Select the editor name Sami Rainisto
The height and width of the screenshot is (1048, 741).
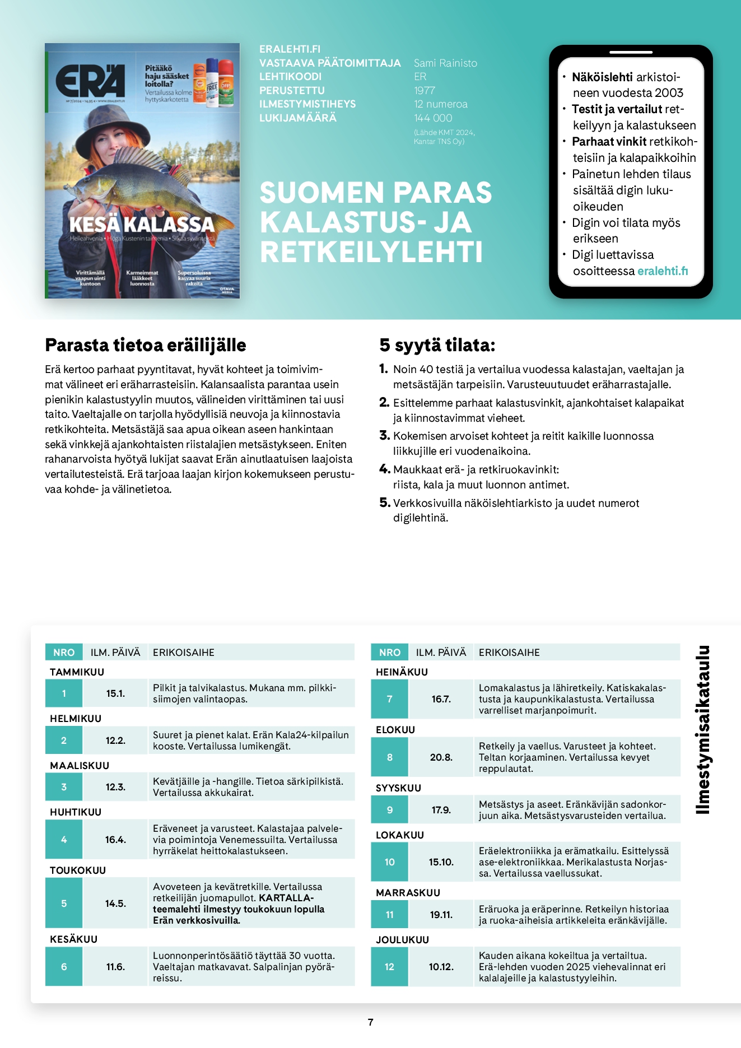tap(445, 63)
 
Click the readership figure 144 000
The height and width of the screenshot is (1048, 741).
tap(433, 118)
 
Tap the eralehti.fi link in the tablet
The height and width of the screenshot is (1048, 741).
tap(663, 271)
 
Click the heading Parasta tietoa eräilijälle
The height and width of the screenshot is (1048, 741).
tap(146, 345)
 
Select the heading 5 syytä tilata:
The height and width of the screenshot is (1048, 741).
tap(437, 345)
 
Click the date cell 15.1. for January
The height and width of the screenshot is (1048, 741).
tap(115, 693)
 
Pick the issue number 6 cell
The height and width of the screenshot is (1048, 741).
tap(64, 967)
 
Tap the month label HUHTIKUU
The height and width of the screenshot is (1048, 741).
tap(76, 812)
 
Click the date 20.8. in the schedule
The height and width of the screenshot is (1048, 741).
tap(441, 757)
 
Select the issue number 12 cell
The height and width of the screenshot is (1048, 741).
tap(389, 967)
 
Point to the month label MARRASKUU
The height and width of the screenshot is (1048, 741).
tap(408, 892)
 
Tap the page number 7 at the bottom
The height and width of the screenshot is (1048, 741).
tap(370, 1022)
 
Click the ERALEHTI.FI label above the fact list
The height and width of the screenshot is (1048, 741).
tap(290, 49)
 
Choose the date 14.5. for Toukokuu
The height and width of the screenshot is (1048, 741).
tap(115, 903)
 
